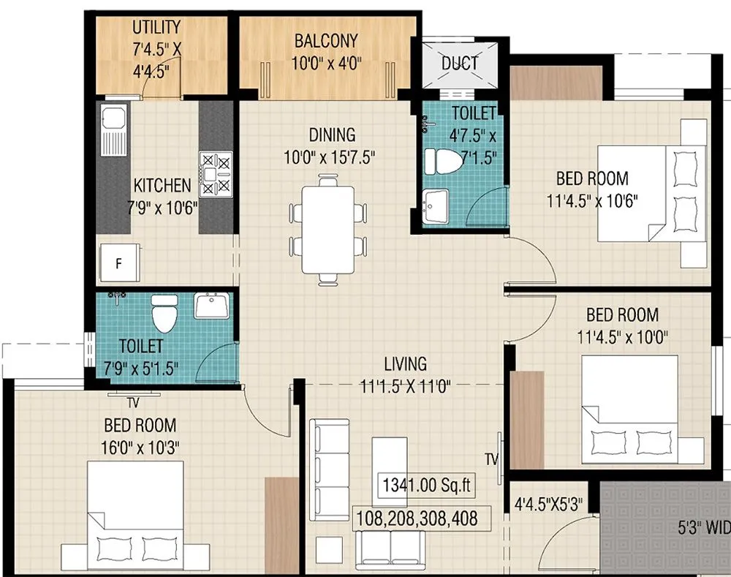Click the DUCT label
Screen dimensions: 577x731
click(x=460, y=63)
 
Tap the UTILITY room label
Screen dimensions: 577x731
click(x=156, y=28)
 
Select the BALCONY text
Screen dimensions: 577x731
click(x=326, y=40)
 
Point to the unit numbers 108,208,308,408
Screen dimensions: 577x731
click(x=417, y=518)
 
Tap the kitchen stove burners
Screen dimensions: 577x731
click(x=216, y=173)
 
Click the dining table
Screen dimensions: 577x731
click(x=327, y=229)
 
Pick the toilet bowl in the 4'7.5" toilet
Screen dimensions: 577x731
click(x=444, y=162)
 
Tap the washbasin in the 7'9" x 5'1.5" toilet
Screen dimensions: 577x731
click(x=212, y=305)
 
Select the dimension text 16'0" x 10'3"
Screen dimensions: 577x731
click(x=140, y=445)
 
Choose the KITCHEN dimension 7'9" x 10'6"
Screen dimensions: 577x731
click(x=162, y=207)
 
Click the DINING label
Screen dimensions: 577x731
click(x=332, y=135)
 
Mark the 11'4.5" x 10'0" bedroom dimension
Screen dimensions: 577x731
click(x=622, y=337)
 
